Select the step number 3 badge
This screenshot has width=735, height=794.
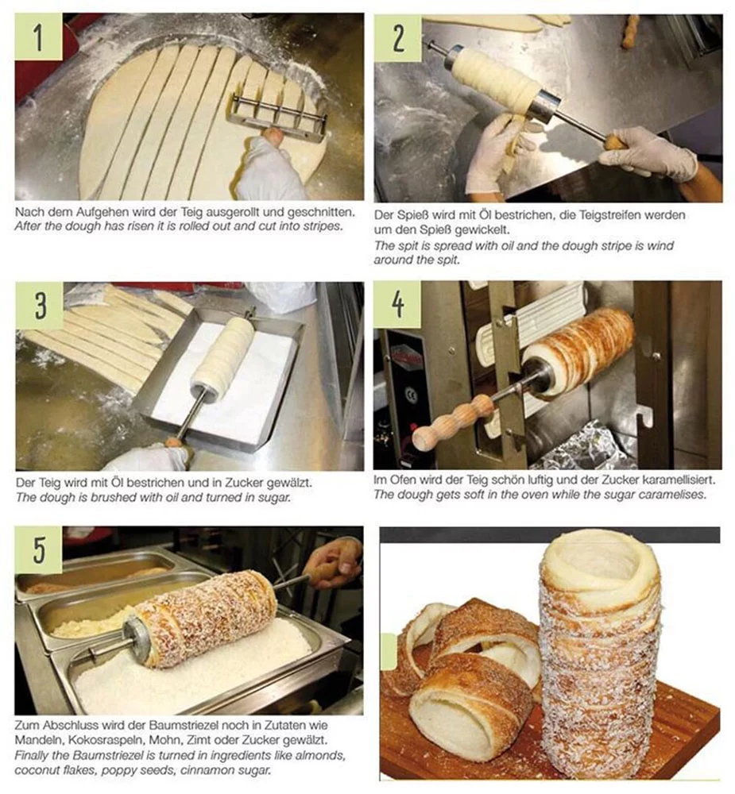click(x=37, y=305)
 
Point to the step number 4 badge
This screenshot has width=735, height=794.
click(x=397, y=304)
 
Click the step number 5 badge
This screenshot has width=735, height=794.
click(x=37, y=549)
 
